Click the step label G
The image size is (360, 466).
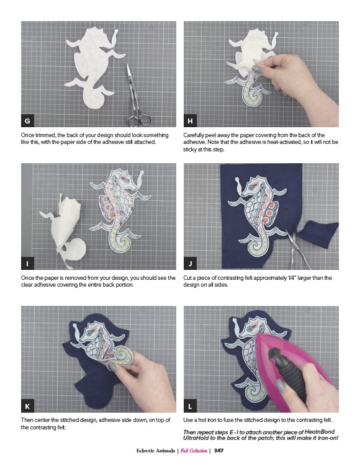pos(27,120)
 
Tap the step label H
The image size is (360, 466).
pos(190,120)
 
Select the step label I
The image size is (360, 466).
pos(27,263)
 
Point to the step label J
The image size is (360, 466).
pos(190,263)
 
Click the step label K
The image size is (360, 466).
pos(27,406)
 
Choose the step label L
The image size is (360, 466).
pos(190,406)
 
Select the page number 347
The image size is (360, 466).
pos(218,450)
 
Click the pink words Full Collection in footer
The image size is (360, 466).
pos(194,450)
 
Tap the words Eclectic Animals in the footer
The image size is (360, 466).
pos(156,450)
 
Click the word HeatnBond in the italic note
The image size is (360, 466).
pos(320,431)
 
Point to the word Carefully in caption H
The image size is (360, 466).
pos(194,135)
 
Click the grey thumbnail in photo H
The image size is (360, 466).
pos(258,69)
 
